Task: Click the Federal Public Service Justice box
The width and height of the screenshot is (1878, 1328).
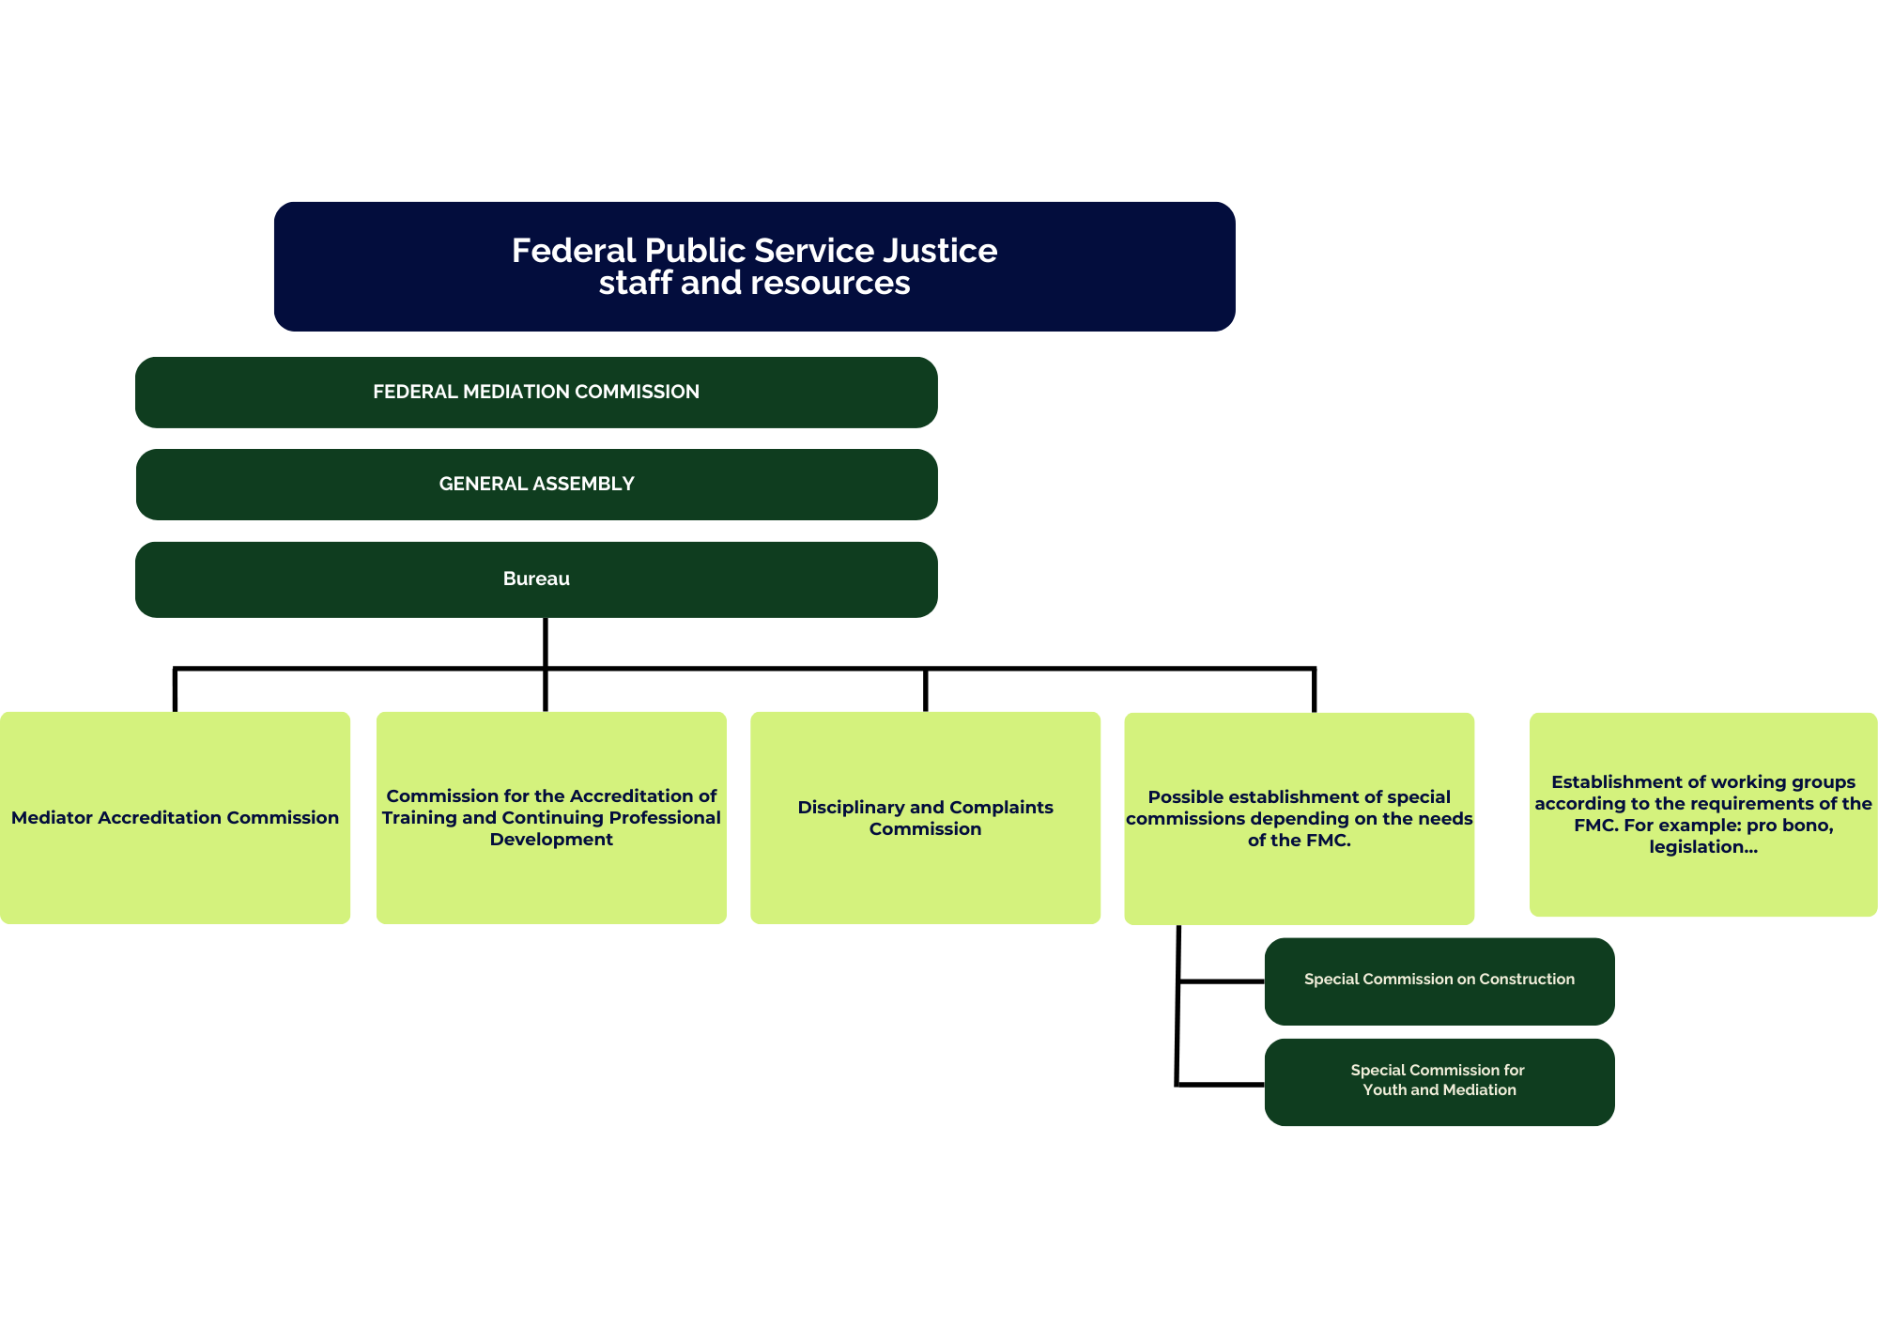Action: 754,266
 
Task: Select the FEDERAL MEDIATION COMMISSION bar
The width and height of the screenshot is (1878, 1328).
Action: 536,392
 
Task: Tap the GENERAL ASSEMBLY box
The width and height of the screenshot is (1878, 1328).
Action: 536,484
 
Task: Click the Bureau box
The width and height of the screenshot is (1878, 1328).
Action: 536,579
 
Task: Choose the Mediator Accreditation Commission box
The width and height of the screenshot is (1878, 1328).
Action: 175,818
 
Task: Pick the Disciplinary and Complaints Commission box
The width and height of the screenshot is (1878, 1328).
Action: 925,818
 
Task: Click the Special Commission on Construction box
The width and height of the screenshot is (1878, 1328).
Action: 1439,981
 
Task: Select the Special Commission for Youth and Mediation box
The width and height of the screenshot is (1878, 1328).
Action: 1439,1081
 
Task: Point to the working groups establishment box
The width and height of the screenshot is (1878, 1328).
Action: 1702,814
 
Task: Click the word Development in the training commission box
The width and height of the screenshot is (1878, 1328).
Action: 551,840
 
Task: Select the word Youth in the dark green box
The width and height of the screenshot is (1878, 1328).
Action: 1384,1090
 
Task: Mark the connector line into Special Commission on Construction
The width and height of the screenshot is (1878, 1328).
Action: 1221,981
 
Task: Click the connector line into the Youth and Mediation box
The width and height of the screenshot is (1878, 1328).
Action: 1221,1085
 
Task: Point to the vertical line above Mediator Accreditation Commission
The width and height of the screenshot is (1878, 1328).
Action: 175,690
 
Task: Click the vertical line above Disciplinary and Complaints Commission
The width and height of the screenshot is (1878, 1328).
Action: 925,690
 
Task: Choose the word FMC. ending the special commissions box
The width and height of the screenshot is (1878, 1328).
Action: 1326,841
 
